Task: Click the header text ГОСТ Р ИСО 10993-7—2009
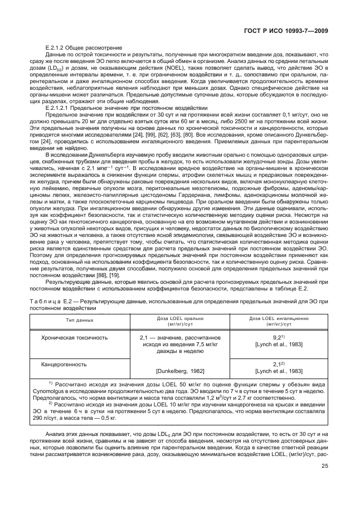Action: point(298,28)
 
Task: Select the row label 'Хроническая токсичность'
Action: point(75,338)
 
